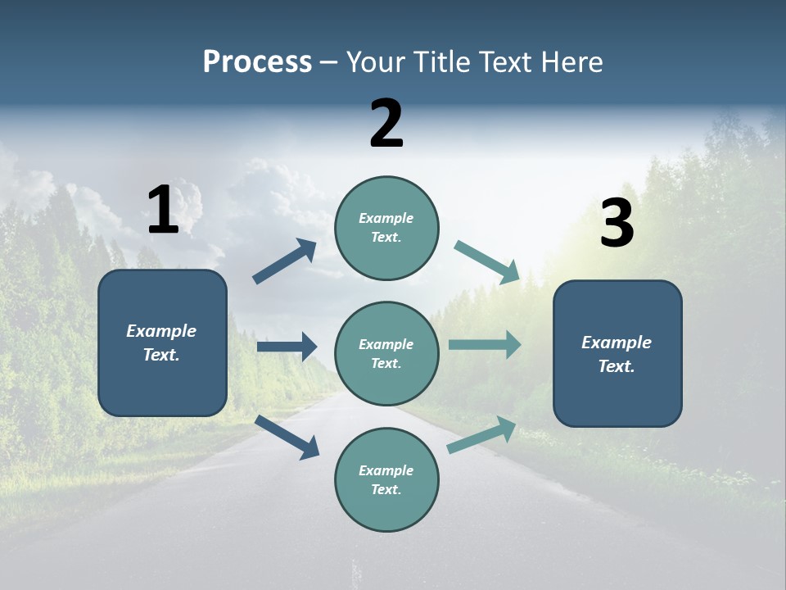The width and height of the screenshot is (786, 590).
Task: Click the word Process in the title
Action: click(257, 62)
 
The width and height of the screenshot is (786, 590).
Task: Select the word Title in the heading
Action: click(440, 62)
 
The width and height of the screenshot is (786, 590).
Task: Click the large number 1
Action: click(163, 210)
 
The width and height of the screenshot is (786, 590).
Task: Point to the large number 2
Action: click(386, 124)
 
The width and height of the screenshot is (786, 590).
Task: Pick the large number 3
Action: click(617, 224)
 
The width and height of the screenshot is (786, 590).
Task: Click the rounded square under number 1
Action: click(162, 343)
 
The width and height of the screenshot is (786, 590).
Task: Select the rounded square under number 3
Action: click(617, 353)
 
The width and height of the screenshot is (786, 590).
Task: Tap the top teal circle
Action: click(386, 227)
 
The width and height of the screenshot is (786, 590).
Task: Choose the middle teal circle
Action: click(386, 353)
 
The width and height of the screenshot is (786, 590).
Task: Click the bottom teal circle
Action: click(386, 479)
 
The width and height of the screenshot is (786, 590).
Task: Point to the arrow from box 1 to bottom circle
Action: click(287, 437)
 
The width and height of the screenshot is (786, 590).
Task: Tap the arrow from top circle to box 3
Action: click(486, 261)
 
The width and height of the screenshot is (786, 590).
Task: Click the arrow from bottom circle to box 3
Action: click(481, 434)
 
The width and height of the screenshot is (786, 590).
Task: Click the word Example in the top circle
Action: click(386, 218)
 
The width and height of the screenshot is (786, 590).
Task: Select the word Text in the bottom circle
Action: click(386, 489)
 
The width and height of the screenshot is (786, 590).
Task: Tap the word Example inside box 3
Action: click(617, 343)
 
